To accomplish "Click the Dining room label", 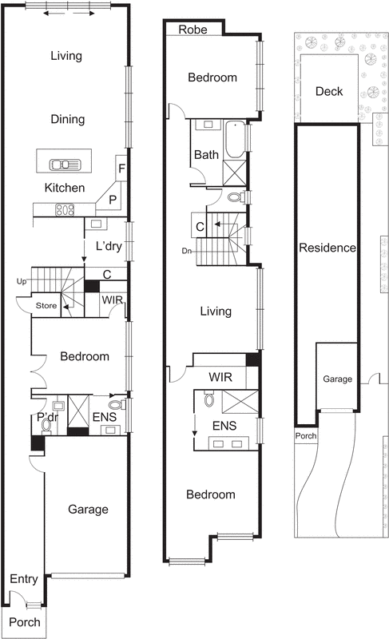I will point(67,119).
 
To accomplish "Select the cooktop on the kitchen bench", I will point(63,210).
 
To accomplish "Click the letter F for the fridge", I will point(121,169).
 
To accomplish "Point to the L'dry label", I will point(108,246).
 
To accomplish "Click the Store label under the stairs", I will point(46,305).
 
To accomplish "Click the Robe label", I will point(193,30).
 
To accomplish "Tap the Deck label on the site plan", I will point(328,92).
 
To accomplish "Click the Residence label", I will point(327,248).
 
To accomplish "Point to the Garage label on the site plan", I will point(336,379).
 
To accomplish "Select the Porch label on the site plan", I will point(306,437).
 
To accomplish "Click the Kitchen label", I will point(65,189).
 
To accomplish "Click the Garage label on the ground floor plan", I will point(87,509).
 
